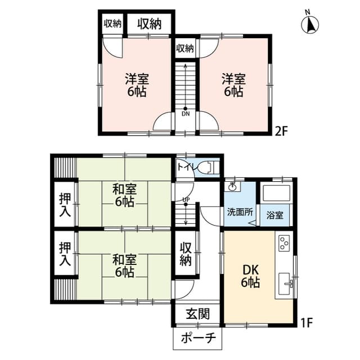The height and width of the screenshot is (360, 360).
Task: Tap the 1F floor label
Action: pyautogui.click(x=307, y=323)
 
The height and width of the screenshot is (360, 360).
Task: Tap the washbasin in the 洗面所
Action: pyautogui.click(x=232, y=187)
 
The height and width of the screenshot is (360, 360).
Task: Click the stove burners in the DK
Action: pyautogui.click(x=283, y=243)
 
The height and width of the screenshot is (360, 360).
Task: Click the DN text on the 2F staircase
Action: pyautogui.click(x=185, y=114)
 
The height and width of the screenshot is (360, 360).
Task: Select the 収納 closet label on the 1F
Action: pyautogui.click(x=186, y=254)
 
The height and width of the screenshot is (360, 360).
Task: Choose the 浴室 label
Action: pyautogui.click(x=275, y=215)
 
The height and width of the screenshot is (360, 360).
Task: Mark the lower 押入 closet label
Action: pyautogui.click(x=65, y=254)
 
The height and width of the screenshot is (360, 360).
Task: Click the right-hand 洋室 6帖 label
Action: pyautogui.click(x=232, y=84)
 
